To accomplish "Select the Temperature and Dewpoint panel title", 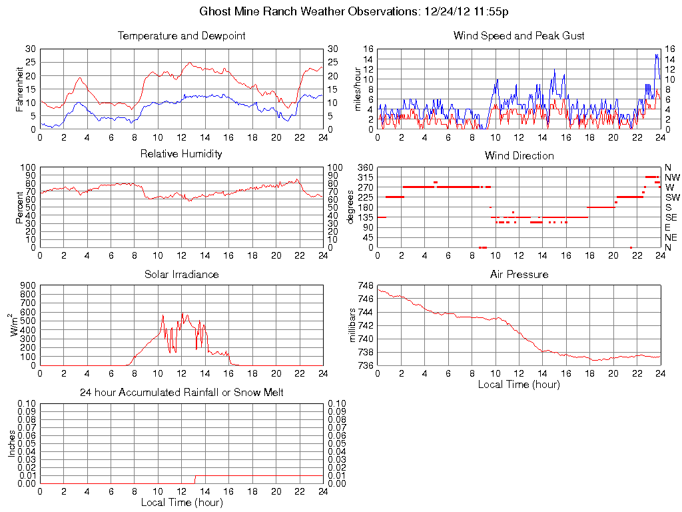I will coord(181,36).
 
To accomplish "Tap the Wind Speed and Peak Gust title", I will coord(519,36).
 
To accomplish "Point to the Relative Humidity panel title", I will coord(181,154).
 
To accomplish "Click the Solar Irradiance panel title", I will coord(181,274).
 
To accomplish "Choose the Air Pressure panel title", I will coord(519,274).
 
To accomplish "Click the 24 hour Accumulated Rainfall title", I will coord(181,393).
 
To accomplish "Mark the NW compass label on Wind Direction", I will coord(673,177).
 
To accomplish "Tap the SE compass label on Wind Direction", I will coord(671,217).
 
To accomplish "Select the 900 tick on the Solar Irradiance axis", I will coord(27,285).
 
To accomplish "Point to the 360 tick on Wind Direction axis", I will coord(363,167).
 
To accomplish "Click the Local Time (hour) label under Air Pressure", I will coord(519,384).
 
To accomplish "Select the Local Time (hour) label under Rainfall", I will coord(181,502).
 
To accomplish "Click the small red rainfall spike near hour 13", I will coord(194,479).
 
